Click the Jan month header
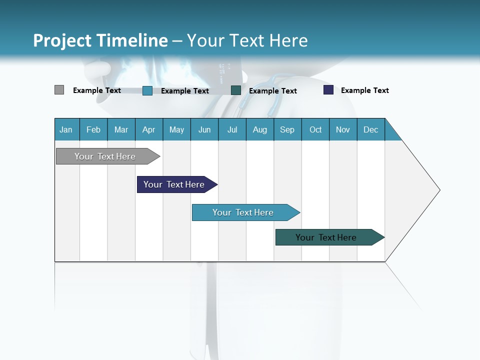tap(66, 129)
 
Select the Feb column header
tap(93, 129)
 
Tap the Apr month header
tap(149, 129)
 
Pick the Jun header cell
tap(204, 129)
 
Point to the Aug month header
tap(260, 129)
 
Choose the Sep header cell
tap(287, 129)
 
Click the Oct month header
tap(315, 129)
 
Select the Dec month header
tap(371, 129)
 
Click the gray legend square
tap(59, 90)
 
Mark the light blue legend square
tap(147, 90)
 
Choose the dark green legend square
tap(236, 90)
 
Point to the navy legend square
tap(328, 90)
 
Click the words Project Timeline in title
tap(100, 40)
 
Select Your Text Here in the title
tap(247, 40)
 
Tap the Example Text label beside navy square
tap(364, 90)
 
